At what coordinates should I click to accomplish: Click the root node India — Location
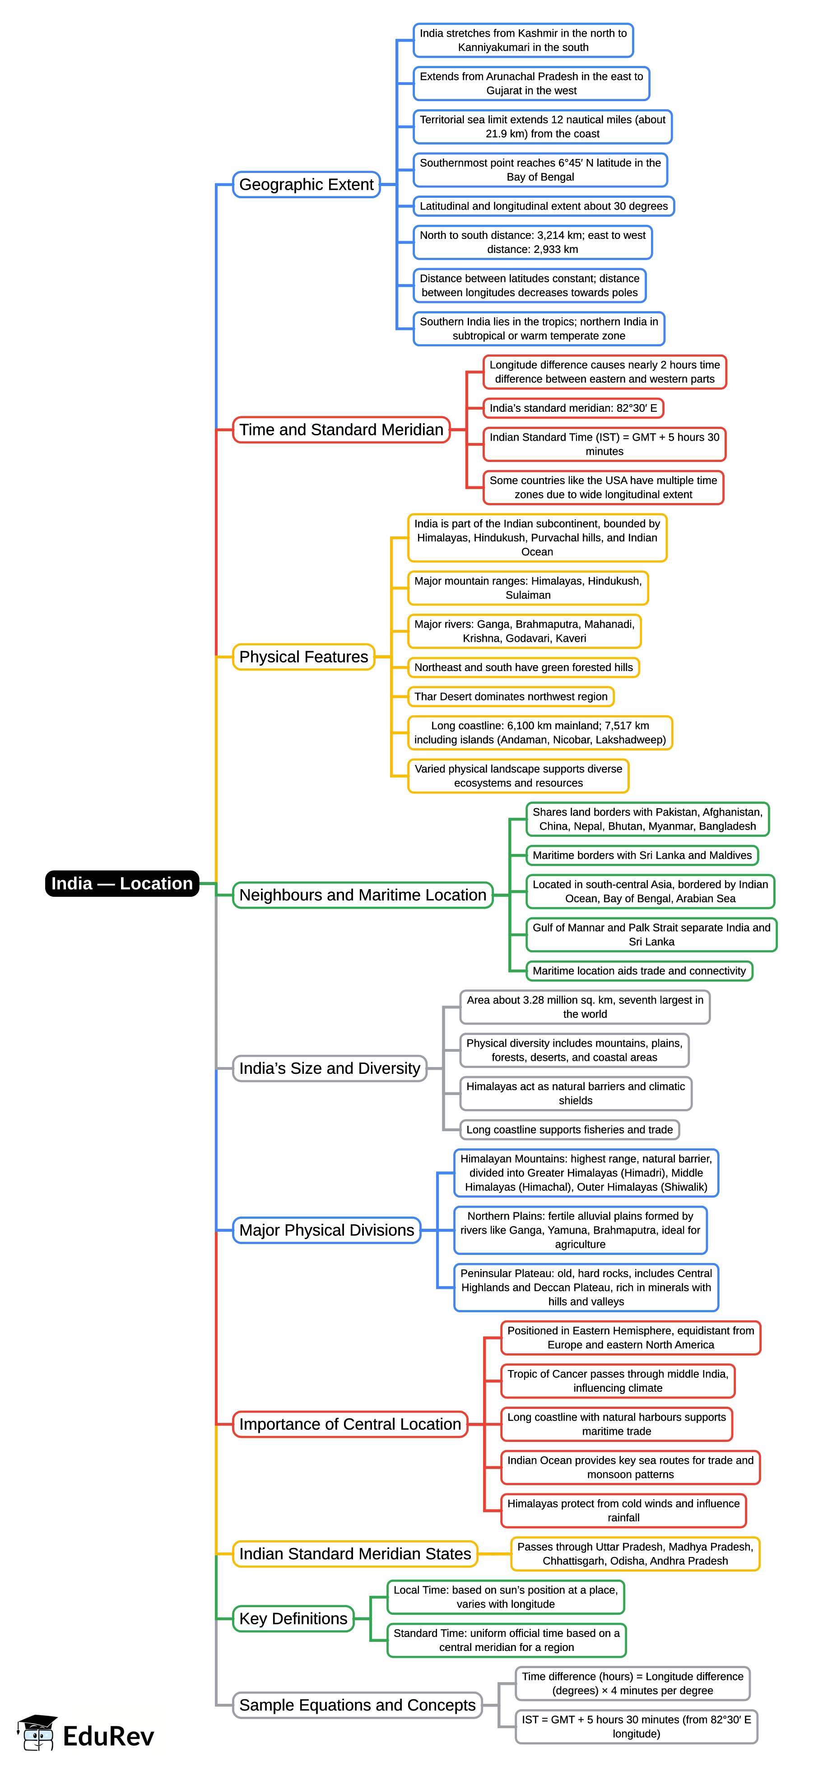(122, 883)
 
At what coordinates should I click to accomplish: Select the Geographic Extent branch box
(306, 185)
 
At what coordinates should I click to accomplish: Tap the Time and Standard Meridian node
(341, 429)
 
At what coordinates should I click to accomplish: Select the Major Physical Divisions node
(326, 1230)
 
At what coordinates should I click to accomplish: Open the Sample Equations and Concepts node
(357, 1705)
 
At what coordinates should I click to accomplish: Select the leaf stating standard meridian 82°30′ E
(573, 408)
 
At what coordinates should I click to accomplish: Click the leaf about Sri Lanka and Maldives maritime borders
(642, 855)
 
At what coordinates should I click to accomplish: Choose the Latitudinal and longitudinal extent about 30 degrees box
(543, 206)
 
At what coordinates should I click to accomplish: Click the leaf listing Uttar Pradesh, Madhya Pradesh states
(635, 1554)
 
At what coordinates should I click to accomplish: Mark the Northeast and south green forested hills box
(523, 667)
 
